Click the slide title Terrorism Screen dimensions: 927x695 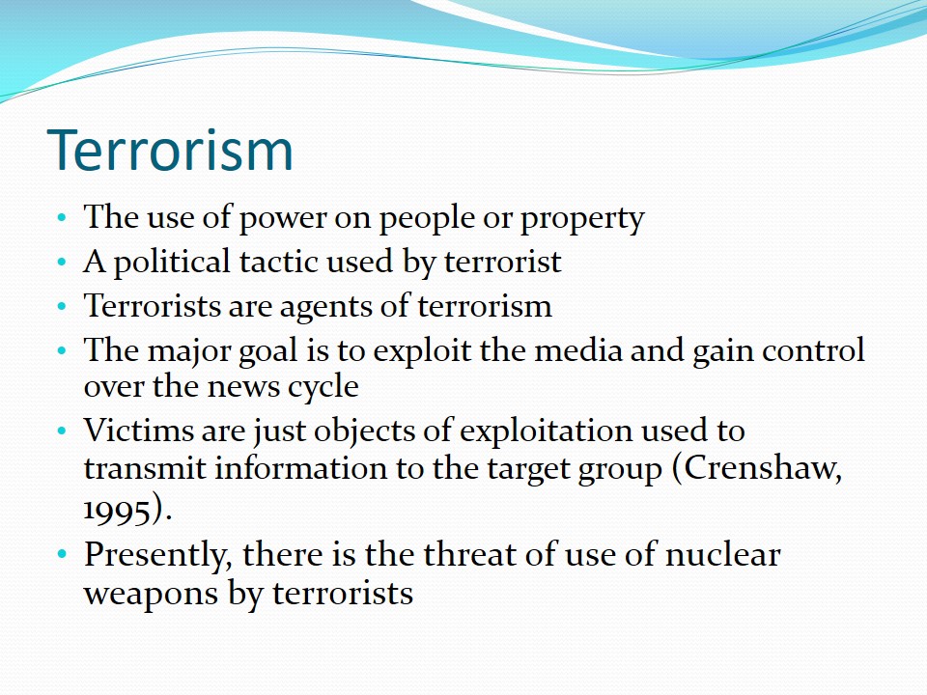pos(170,151)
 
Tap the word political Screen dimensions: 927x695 pos(172,263)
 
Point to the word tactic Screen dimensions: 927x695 pos(278,262)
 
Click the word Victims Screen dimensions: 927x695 pos(138,430)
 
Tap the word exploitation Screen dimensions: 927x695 pos(546,431)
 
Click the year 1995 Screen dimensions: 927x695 pos(116,510)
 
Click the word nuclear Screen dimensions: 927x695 pos(722,555)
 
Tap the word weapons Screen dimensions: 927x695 pos(151,595)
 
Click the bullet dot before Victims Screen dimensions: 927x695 pos(62,431)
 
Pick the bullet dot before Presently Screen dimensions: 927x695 pos(62,555)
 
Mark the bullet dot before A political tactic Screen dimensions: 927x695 pos(62,262)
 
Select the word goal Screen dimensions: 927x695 pos(267,351)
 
